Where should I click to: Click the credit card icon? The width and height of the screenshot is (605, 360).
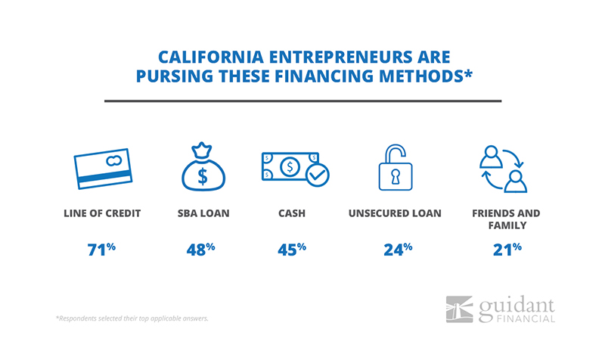tap(103, 169)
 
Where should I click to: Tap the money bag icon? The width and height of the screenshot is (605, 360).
tap(203, 166)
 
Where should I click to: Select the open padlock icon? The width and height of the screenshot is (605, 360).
tap(396, 167)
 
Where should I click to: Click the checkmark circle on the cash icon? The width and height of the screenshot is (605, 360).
tap(318, 175)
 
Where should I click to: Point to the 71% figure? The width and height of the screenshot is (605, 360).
tap(101, 250)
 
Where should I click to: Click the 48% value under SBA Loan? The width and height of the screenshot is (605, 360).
tap(200, 250)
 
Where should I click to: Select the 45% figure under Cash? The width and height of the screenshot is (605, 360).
tap(292, 250)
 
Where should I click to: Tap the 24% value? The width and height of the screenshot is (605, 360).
tap(398, 250)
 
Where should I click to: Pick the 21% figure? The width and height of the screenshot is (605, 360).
tap(507, 250)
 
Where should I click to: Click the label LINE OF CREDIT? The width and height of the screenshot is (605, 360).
tap(102, 213)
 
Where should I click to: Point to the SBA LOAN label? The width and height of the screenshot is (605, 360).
tap(203, 213)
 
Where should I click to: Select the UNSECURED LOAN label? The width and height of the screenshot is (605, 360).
tap(395, 213)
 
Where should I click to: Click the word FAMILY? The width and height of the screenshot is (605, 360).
tap(507, 225)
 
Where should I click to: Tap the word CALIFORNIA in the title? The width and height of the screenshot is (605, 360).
tap(211, 57)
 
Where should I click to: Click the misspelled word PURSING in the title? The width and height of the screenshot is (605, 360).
tap(175, 76)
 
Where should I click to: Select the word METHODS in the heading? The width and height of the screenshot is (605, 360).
tap(421, 76)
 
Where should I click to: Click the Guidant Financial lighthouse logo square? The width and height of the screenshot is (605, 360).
tap(459, 309)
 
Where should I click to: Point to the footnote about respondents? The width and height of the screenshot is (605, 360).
tap(132, 318)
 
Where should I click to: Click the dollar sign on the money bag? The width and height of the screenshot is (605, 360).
tap(203, 176)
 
